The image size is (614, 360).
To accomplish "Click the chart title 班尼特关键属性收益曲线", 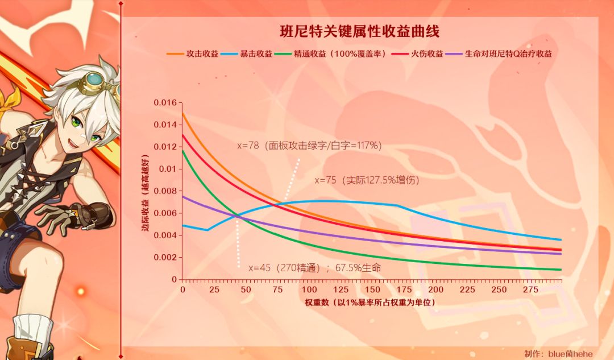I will tap(360, 31).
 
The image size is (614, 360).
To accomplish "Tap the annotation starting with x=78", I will tap(309, 146).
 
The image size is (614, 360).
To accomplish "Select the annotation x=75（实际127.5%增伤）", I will tap(367, 180).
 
